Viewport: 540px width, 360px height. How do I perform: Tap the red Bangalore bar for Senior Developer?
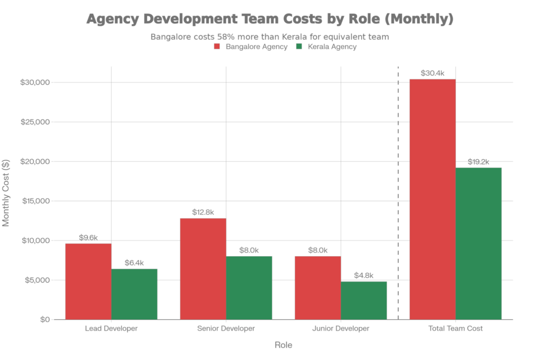click(x=203, y=268)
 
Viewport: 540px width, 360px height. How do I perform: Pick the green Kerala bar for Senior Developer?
click(x=249, y=287)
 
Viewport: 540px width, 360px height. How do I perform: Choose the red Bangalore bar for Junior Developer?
click(x=317, y=287)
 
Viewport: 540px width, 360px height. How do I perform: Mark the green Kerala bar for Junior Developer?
click(x=364, y=300)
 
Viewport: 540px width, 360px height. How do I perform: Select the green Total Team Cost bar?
click(x=478, y=243)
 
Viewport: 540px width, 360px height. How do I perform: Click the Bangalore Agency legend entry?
click(x=250, y=47)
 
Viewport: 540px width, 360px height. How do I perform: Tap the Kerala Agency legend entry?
click(x=327, y=47)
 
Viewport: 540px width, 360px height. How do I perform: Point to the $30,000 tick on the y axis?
click(x=34, y=82)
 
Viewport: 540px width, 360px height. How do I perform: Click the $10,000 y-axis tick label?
click(x=34, y=240)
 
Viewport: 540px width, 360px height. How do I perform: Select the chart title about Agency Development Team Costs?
click(x=269, y=20)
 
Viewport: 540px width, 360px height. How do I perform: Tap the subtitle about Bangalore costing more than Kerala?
click(x=269, y=37)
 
